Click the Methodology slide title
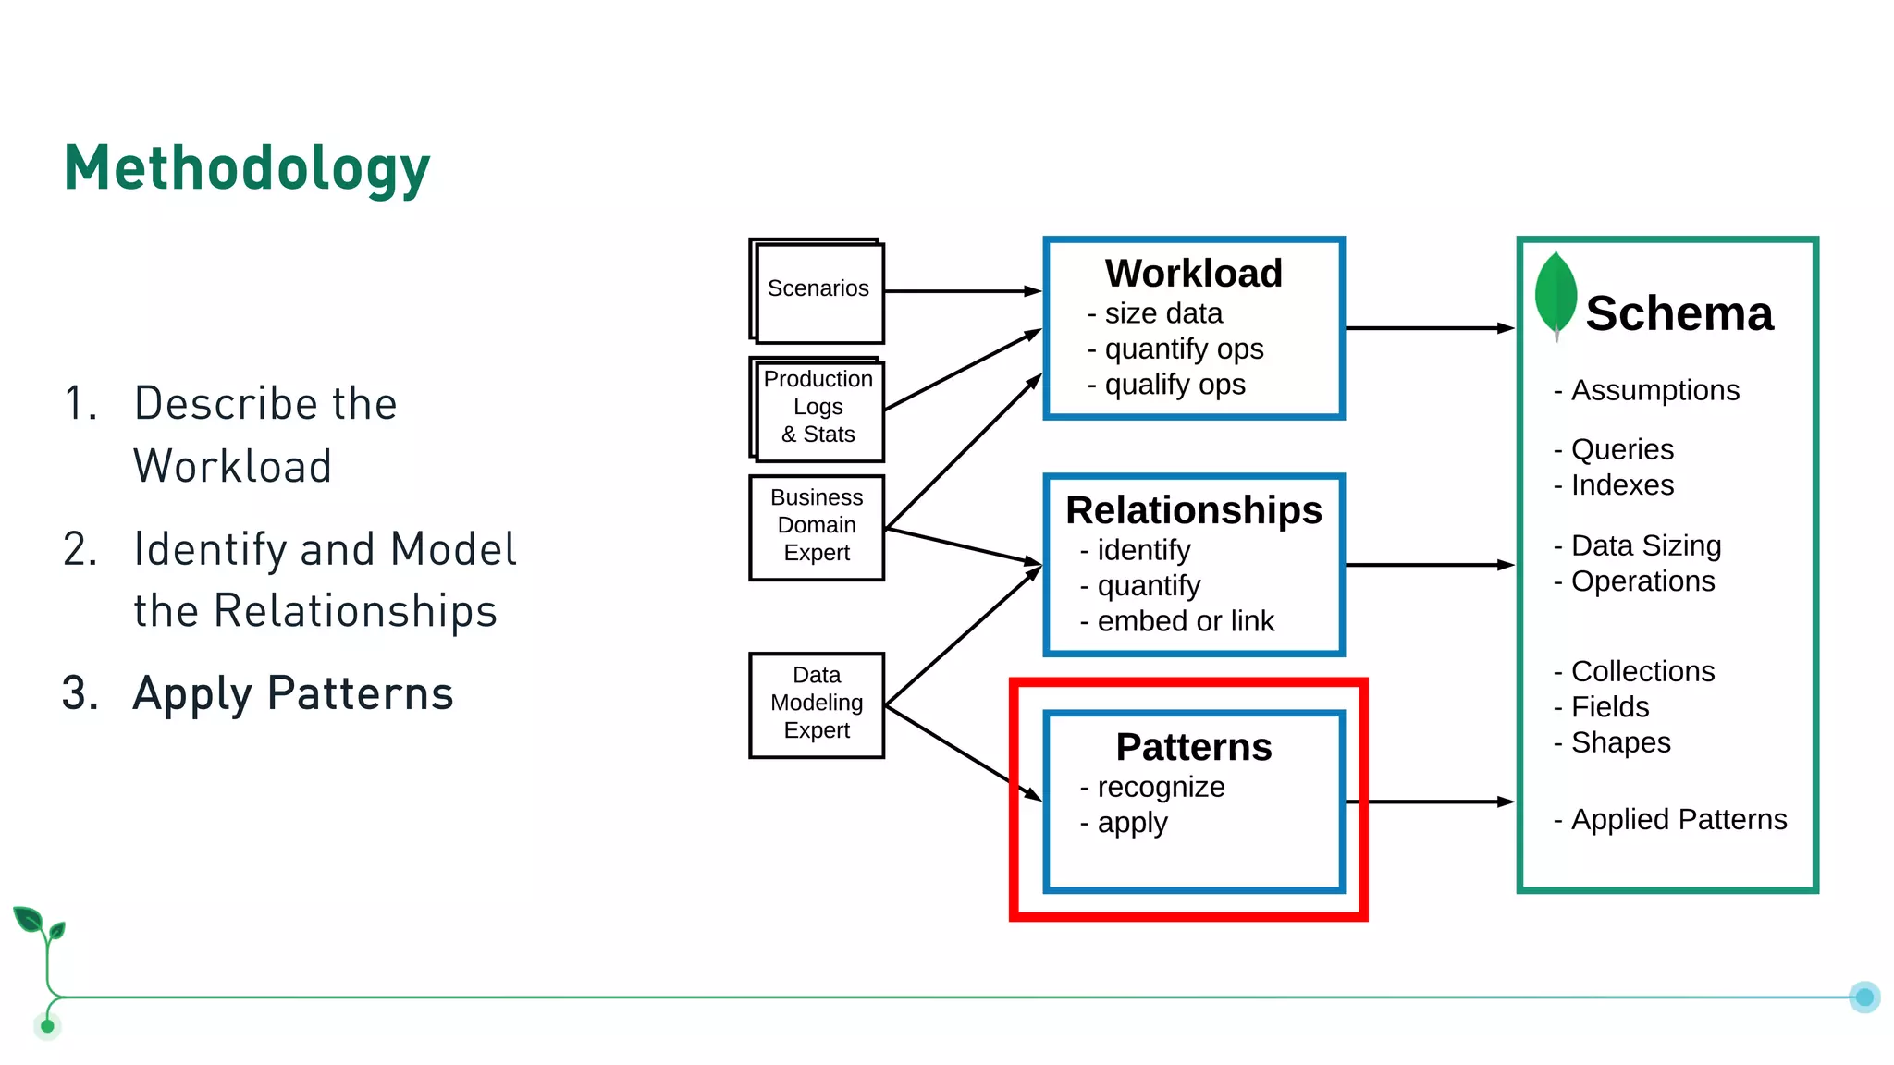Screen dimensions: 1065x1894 [247, 169]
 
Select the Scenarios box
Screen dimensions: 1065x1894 [818, 290]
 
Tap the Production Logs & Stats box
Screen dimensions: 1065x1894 [818, 408]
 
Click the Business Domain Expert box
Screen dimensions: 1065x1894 [817, 526]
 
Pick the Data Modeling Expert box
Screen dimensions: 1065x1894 [817, 704]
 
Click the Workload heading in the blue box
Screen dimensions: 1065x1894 [1193, 274]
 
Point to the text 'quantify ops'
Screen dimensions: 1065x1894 [1183, 349]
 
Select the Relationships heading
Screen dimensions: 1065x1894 [1193, 510]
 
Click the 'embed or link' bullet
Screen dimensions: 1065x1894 [1185, 621]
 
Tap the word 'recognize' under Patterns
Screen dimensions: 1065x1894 [1161, 787]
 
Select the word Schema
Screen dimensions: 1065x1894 [1679, 313]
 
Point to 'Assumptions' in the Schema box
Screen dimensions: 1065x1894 [1654, 390]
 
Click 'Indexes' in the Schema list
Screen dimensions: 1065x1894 [1622, 485]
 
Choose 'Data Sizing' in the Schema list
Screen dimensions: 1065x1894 [1645, 545]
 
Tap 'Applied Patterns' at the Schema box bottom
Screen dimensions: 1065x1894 [1678, 819]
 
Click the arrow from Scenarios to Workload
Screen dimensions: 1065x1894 [962, 291]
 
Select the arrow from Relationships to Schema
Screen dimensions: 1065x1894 [1429, 565]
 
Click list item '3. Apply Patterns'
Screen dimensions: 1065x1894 [259, 693]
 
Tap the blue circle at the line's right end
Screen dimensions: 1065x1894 [1864, 997]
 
